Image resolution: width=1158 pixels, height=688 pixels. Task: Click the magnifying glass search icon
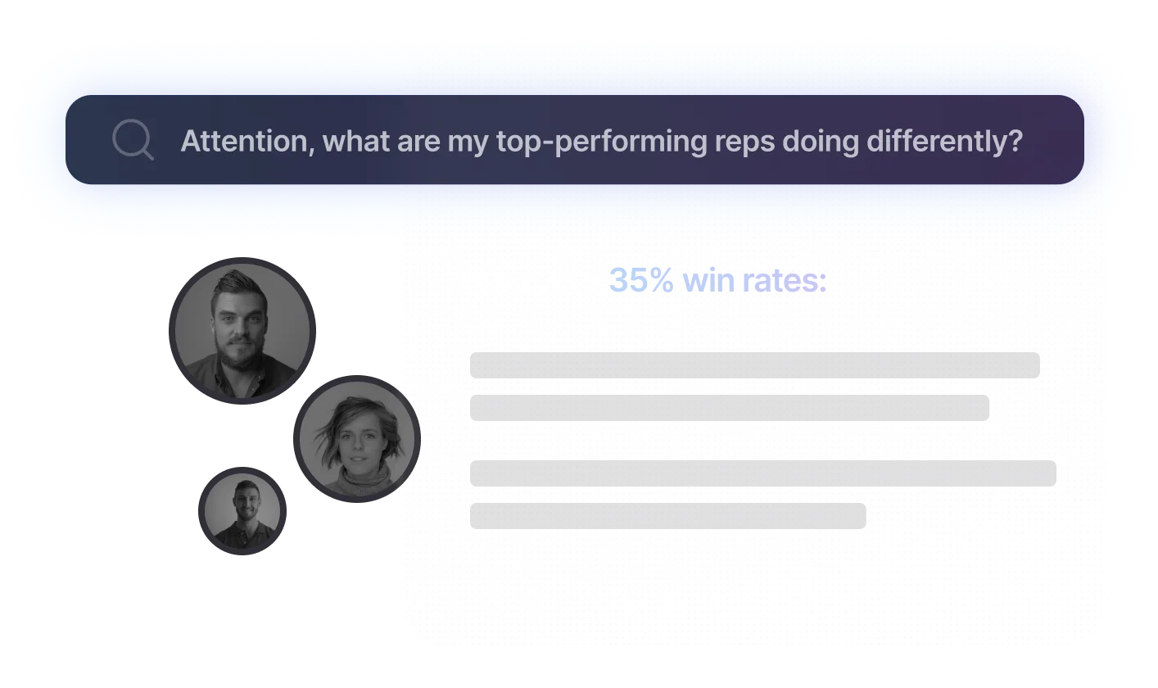[133, 140]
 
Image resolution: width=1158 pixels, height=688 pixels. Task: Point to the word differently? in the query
[942, 142]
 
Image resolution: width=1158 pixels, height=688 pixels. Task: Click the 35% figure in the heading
[642, 282]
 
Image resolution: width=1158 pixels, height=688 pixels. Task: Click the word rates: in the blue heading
[785, 282]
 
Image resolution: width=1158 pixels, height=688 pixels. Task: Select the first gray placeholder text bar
[754, 365]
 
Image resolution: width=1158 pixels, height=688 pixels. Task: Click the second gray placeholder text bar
[729, 408]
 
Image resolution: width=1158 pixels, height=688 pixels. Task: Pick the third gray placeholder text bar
[762, 473]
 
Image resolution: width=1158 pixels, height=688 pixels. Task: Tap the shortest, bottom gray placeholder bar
[667, 516]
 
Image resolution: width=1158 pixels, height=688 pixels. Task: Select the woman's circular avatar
[355, 439]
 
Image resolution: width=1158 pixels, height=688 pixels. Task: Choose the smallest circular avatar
[242, 511]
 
